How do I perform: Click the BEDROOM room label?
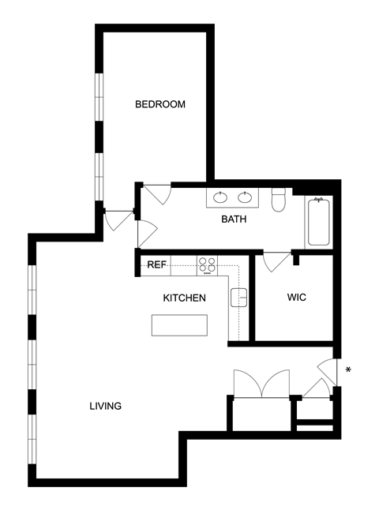pos(160,104)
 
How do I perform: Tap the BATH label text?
pos(234,219)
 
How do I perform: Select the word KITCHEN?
pos(184,298)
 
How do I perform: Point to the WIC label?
pos(296,298)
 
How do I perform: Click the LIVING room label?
pos(105,406)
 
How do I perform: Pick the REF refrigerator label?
pos(157,264)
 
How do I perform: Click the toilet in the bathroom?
pos(278,200)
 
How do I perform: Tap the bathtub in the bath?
pos(319,222)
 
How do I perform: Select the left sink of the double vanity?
pos(220,197)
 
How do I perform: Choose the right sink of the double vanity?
pos(245,197)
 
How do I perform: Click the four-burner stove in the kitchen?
pos(207,266)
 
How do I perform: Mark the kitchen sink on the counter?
pos(238,298)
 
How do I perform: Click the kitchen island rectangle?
pos(179,325)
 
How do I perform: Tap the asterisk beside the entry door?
pos(348,369)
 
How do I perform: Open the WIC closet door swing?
pos(276,262)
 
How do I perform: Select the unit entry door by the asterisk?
pos(328,372)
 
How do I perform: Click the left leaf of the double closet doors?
pos(248,384)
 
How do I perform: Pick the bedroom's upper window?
pos(99,97)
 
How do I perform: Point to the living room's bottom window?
pos(32,439)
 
